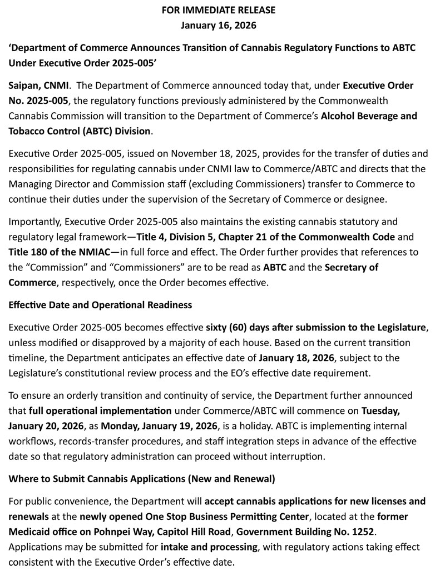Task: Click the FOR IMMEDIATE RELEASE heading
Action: click(x=219, y=10)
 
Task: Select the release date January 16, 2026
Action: click(x=219, y=25)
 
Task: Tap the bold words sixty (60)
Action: click(x=229, y=328)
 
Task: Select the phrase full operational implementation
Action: click(x=100, y=396)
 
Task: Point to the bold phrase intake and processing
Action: click(x=209, y=547)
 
